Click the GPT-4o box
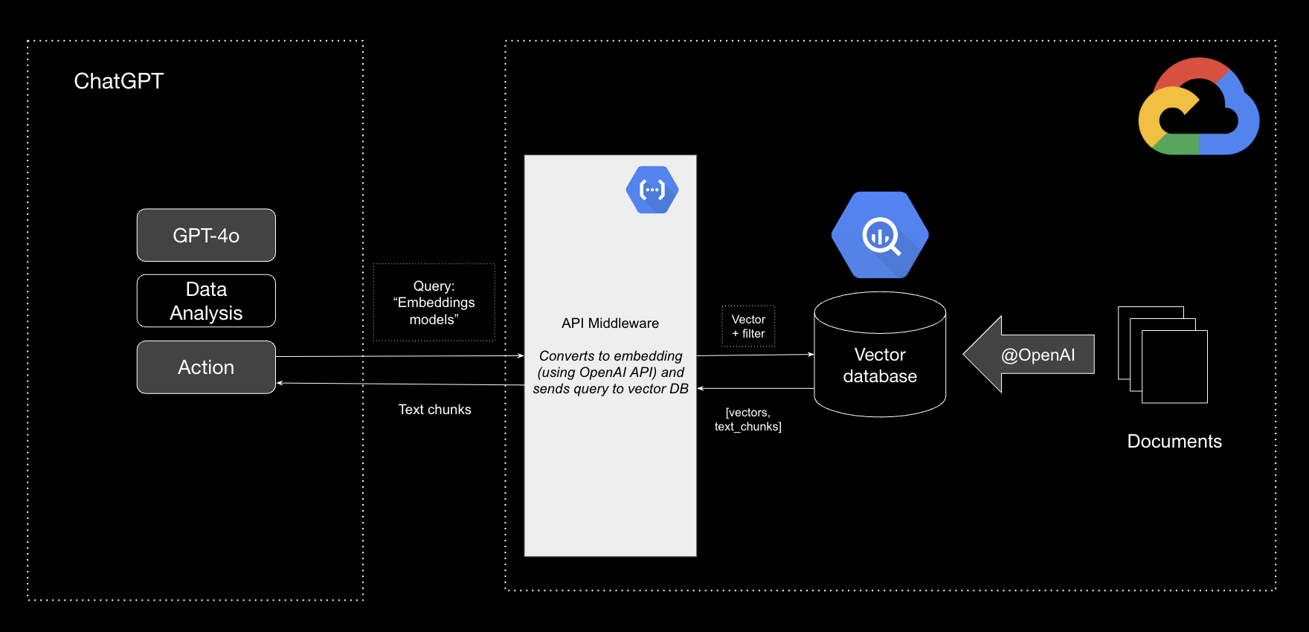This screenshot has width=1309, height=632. [x=206, y=235]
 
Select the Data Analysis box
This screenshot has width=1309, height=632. [x=206, y=300]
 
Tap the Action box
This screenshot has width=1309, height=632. [x=206, y=367]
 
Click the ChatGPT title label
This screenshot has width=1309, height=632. [x=118, y=80]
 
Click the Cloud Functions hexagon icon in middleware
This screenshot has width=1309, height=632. [x=652, y=190]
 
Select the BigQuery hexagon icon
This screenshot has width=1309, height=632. [x=880, y=235]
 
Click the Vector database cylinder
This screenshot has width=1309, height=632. [x=880, y=364]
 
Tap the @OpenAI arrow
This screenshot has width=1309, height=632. [x=1030, y=355]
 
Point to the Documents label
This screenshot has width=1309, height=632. [x=1174, y=441]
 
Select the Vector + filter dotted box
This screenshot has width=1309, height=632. [x=748, y=326]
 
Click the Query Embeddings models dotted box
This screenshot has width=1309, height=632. [x=434, y=303]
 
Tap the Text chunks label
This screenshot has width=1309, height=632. [x=434, y=410]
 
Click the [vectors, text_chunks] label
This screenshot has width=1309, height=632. [x=747, y=419]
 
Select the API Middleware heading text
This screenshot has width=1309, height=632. [x=610, y=323]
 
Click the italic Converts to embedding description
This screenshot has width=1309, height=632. [x=610, y=373]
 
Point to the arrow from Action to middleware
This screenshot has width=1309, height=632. [x=402, y=356]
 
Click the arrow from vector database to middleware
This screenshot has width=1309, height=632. [x=755, y=388]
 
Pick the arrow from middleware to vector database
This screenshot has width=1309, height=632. [x=755, y=355]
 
